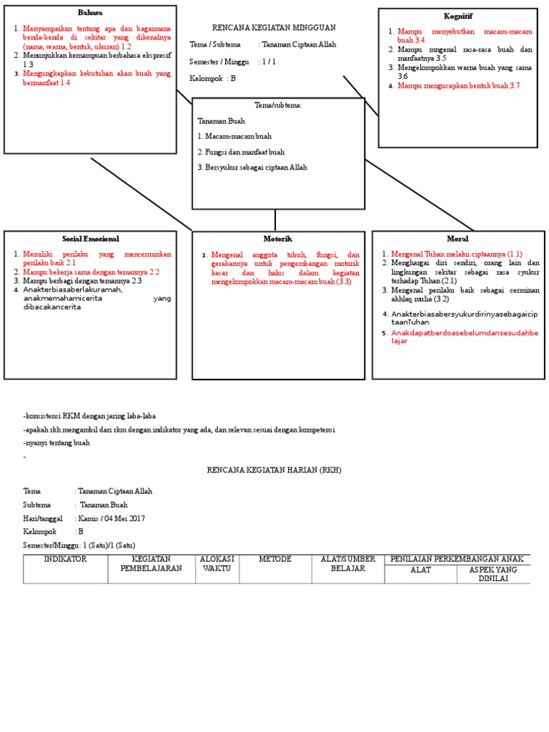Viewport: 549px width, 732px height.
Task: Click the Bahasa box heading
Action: [89, 13]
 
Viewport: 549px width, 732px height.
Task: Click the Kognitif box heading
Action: [457, 16]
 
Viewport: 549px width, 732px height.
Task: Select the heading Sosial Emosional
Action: [90, 238]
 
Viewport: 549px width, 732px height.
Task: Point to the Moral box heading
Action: [457, 238]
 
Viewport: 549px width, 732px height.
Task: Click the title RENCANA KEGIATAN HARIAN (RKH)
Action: [274, 470]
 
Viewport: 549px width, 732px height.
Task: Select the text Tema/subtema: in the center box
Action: [278, 105]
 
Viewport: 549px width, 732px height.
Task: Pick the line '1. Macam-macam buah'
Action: [234, 136]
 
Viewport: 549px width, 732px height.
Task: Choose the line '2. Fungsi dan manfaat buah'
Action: [241, 152]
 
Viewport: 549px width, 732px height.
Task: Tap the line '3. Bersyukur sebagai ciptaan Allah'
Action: [252, 167]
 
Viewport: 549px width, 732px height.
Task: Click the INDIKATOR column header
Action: [66, 559]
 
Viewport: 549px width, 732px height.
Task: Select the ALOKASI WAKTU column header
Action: [217, 563]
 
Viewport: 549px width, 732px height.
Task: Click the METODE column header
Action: [275, 559]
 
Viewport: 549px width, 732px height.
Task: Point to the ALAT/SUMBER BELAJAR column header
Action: [347, 563]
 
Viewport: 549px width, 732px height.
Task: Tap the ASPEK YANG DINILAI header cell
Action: [493, 573]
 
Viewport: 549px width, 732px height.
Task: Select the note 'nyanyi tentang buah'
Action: [56, 443]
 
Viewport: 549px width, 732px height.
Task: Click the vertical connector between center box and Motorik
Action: [275, 219]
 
